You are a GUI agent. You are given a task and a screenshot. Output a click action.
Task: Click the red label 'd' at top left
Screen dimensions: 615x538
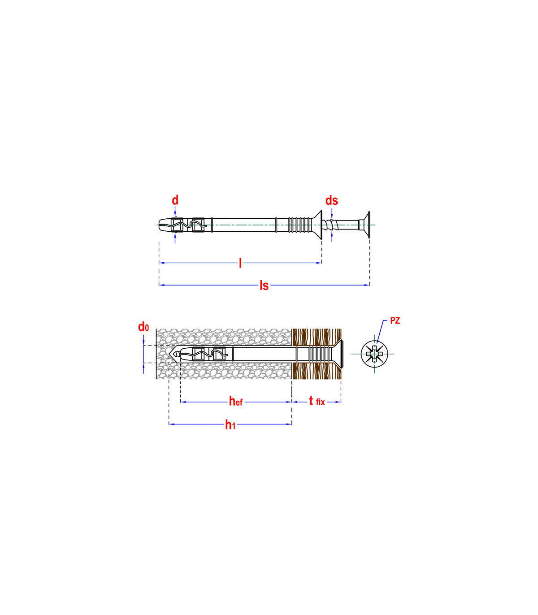click(x=175, y=200)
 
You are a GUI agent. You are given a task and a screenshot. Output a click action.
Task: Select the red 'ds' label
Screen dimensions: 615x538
click(x=331, y=200)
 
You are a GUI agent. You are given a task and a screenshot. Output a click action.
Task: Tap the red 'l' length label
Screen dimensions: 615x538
click(x=240, y=263)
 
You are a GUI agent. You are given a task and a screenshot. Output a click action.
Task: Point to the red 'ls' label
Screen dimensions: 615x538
click(x=264, y=285)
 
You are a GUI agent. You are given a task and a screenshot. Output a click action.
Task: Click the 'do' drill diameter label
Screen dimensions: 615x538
click(x=143, y=328)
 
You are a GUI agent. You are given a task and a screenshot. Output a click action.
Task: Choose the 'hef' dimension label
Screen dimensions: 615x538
click(x=236, y=402)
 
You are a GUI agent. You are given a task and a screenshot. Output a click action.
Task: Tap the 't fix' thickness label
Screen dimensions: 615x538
click(x=317, y=401)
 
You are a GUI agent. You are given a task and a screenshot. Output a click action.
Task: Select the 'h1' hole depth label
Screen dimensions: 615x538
click(x=230, y=424)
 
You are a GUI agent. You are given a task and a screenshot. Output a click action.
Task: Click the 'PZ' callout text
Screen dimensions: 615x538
click(x=395, y=321)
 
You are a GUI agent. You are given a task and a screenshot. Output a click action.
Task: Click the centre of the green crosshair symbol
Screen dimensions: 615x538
click(x=374, y=355)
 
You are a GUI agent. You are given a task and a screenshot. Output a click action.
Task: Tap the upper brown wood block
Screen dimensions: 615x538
click(x=317, y=337)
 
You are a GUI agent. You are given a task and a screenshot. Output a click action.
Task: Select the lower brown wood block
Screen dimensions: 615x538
click(x=317, y=371)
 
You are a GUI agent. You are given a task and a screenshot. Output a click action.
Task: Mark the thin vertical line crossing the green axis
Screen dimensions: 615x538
click(x=369, y=225)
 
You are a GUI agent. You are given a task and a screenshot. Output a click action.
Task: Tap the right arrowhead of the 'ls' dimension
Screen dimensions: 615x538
click(x=367, y=285)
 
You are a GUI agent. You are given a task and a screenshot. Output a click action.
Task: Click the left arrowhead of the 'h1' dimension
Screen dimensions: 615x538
click(x=172, y=424)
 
